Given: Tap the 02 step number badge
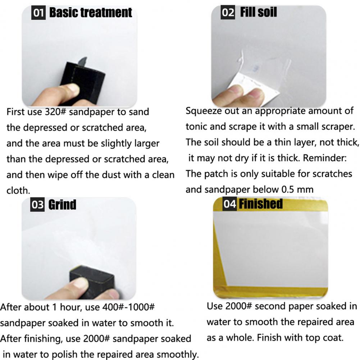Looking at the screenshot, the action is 228,12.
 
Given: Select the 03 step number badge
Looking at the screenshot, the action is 37,205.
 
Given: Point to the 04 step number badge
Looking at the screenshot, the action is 229,204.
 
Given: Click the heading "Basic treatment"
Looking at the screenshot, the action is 91,12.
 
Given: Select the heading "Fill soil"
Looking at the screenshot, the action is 259,12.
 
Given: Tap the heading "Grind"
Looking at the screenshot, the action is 62,205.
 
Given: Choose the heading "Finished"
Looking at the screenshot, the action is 261,204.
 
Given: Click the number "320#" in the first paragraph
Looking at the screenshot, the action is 55,112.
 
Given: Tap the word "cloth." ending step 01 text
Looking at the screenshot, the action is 18,191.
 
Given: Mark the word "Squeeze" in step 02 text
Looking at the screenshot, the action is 204,111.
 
